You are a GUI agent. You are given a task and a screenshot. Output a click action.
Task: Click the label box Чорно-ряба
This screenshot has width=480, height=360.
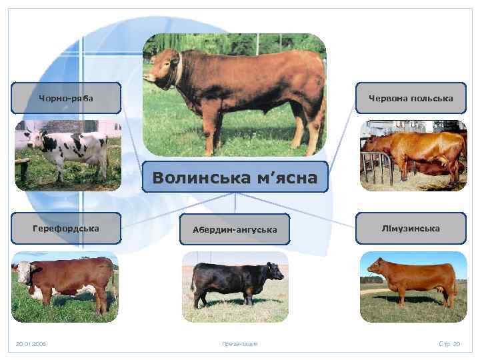[x=65, y=98]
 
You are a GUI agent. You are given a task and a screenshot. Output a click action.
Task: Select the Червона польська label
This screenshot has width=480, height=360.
[x=411, y=98]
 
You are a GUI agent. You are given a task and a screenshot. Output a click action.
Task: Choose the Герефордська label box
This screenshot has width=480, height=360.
[x=65, y=228]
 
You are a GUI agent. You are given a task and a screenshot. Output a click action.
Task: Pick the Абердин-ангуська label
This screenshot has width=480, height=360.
[x=235, y=229]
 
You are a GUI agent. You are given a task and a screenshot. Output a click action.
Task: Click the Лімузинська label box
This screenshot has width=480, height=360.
[x=411, y=228]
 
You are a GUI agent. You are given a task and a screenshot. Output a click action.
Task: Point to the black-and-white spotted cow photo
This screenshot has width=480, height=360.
[x=67, y=155]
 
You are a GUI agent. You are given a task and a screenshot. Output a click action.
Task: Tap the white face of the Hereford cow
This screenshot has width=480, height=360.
[x=21, y=273]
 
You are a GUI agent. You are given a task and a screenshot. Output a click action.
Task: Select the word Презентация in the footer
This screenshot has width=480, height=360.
[x=239, y=344]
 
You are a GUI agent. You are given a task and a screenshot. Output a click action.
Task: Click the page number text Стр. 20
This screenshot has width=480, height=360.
[x=449, y=344]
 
